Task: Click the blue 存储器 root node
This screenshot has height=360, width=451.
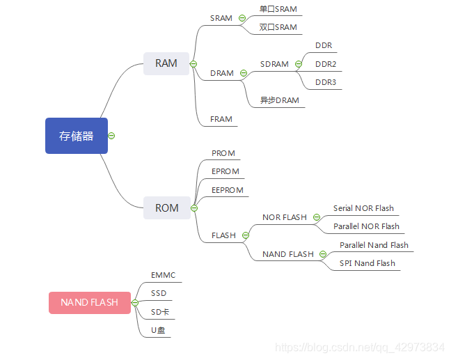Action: click(x=76, y=136)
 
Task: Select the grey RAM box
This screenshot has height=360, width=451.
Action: click(x=166, y=63)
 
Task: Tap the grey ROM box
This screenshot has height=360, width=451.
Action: click(x=166, y=208)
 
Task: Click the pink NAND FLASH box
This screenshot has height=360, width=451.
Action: click(x=89, y=303)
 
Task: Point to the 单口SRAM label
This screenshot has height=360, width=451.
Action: click(x=278, y=9)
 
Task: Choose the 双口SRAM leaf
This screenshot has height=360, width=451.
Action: click(x=278, y=27)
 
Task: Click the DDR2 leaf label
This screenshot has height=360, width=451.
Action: click(x=325, y=64)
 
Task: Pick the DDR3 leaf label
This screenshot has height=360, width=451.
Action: click(x=325, y=82)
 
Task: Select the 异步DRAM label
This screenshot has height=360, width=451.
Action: click(x=279, y=100)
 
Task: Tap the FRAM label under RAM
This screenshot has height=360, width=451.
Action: click(x=221, y=119)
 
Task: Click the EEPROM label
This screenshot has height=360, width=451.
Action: click(x=228, y=189)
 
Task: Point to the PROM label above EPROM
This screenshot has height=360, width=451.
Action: click(x=223, y=153)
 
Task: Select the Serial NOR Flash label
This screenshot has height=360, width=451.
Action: click(x=363, y=208)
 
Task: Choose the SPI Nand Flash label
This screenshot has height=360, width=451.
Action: click(x=367, y=263)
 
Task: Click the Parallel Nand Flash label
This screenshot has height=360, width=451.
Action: click(x=374, y=245)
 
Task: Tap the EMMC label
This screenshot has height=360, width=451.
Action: click(x=163, y=275)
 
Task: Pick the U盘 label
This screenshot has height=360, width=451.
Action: click(x=158, y=330)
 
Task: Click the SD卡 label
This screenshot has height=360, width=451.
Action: click(x=160, y=312)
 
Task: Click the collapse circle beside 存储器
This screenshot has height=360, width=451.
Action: click(x=111, y=136)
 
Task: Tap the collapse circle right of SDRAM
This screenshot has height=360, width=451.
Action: click(x=298, y=64)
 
